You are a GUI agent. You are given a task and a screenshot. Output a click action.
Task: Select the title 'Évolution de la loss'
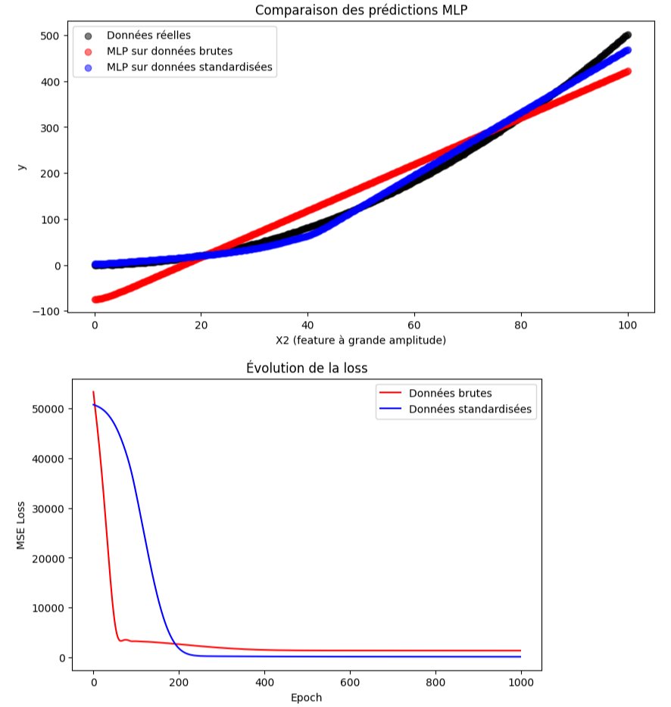tap(307, 368)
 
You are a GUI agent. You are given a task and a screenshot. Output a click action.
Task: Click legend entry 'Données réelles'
tap(148, 36)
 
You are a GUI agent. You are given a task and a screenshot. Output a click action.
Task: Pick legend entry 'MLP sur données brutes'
tap(170, 51)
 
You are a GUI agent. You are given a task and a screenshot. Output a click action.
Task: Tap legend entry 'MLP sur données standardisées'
tap(189, 67)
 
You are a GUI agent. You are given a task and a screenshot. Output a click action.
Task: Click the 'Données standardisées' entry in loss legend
tap(470, 410)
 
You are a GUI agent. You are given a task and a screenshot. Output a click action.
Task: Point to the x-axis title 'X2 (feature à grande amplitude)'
tap(360, 341)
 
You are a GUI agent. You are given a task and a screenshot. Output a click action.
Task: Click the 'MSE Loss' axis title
tap(22, 525)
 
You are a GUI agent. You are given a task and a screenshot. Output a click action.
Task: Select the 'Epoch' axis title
tap(307, 697)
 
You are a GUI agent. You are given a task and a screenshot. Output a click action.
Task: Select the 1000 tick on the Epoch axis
tap(520, 682)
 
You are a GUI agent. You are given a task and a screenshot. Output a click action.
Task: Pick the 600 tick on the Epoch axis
tap(350, 682)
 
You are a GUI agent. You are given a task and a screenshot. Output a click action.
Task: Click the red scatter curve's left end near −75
tap(96, 300)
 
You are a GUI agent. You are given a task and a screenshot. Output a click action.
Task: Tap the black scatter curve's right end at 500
tap(627, 36)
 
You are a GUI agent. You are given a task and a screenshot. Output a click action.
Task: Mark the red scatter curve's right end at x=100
tap(627, 72)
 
